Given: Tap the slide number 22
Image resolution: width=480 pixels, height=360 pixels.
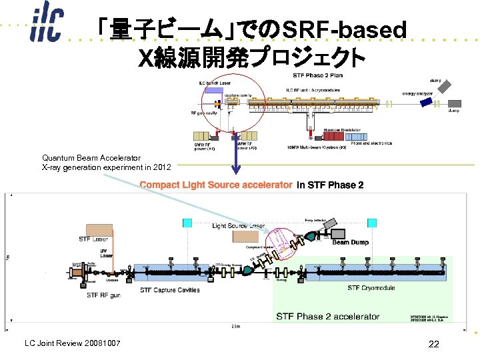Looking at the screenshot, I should (434, 343).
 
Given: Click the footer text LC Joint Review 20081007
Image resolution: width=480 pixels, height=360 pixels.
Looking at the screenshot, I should (72, 343).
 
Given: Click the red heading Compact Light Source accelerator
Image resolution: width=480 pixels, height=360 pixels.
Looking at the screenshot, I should (216, 185).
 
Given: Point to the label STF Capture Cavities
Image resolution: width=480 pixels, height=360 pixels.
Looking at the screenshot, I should (169, 290).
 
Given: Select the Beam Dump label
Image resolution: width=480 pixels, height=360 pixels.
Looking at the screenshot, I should (350, 242).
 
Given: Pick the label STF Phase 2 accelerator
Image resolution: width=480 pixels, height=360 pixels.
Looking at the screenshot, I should (327, 316).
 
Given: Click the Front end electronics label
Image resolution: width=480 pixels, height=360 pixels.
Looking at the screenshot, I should (371, 143).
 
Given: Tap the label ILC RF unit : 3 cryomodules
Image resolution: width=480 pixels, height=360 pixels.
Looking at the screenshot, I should (313, 89).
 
